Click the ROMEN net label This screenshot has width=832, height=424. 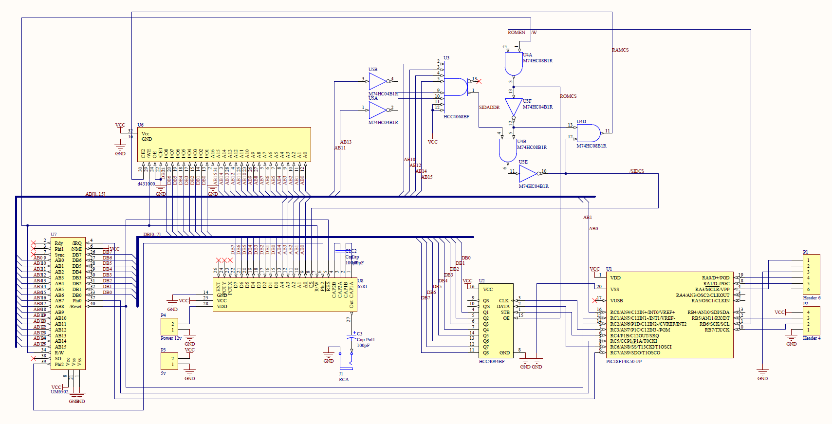(516, 33)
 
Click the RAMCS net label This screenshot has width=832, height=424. (620, 50)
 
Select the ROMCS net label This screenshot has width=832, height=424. (568, 96)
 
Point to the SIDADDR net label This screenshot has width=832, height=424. (489, 108)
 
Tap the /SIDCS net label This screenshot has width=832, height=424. (637, 171)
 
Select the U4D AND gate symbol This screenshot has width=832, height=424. (588, 133)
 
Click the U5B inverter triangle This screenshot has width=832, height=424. (377, 81)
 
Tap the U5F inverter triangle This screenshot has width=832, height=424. (513, 107)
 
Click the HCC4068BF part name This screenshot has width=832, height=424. (456, 117)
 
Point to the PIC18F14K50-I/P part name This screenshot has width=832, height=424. (624, 362)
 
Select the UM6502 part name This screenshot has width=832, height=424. (59, 392)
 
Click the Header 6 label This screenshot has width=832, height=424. (812, 298)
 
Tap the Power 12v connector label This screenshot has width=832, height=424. (171, 338)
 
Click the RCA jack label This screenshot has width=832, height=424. (344, 380)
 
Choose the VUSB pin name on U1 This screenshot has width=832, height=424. (616, 301)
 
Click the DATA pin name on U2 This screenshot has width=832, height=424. (503, 307)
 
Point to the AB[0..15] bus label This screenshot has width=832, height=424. (95, 194)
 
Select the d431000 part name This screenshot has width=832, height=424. (146, 184)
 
